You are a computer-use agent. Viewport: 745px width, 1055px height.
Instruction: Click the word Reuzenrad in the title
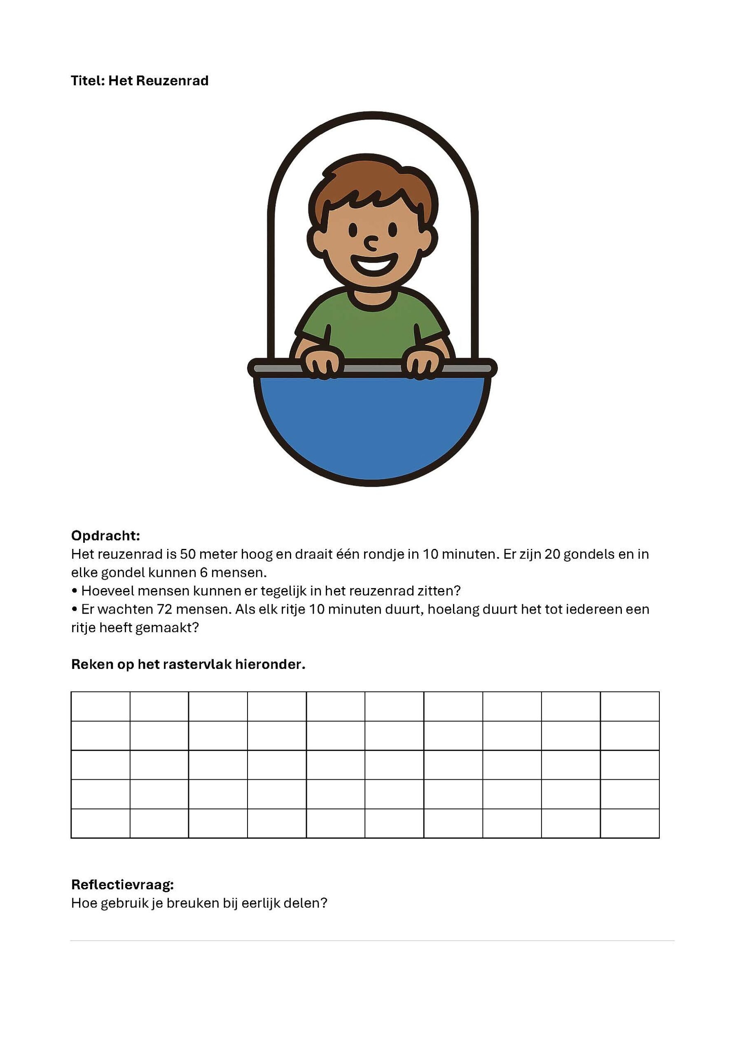coord(172,81)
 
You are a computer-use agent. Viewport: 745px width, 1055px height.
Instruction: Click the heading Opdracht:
coord(105,536)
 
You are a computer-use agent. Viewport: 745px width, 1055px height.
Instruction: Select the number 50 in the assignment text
coord(187,554)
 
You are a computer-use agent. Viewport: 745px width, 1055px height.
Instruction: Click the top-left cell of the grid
coord(100,706)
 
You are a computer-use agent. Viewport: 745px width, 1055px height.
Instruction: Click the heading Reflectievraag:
coord(122,884)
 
